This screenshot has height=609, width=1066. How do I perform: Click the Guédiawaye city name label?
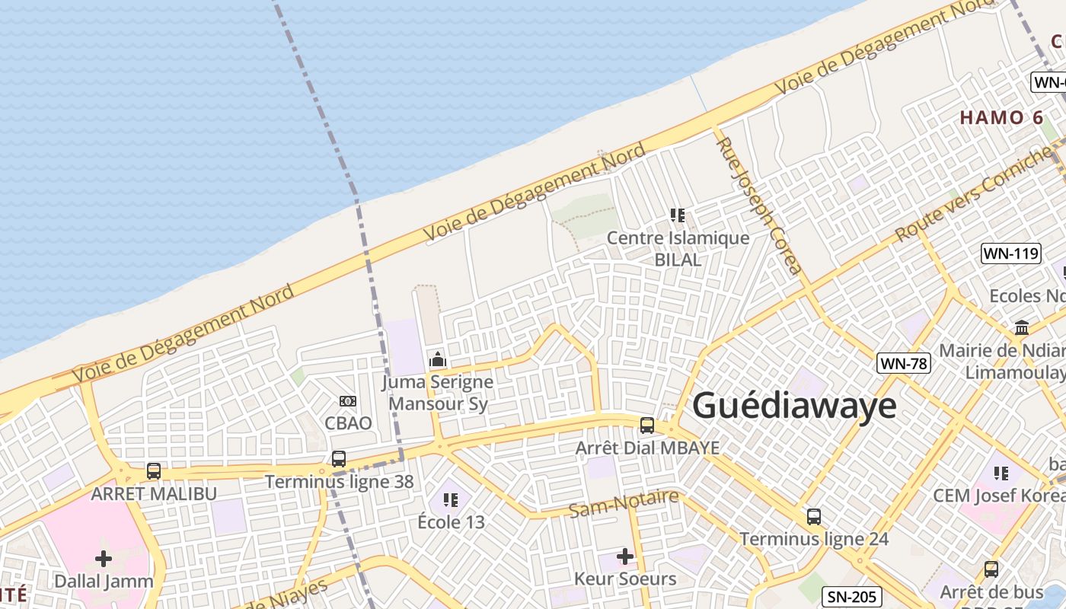tap(794, 405)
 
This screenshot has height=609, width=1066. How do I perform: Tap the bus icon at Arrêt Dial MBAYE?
tap(647, 426)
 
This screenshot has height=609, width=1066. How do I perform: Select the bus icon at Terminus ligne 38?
tap(339, 459)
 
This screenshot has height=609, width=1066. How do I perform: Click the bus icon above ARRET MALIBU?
tap(154, 471)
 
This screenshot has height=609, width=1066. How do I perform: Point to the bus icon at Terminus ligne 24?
tap(814, 517)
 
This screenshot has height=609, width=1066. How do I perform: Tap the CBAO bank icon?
tap(348, 400)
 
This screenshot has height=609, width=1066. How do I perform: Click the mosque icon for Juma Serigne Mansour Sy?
tap(438, 359)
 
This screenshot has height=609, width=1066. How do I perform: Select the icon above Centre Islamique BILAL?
tap(678, 215)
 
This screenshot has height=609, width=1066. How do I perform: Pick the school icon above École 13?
tap(451, 500)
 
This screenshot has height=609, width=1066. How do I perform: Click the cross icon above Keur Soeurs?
tap(625, 556)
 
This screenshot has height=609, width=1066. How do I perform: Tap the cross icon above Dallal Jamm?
tap(104, 559)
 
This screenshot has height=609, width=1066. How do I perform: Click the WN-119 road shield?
tap(1011, 253)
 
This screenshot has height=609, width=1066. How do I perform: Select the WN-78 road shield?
tap(904, 363)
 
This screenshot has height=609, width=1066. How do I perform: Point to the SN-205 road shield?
tap(852, 597)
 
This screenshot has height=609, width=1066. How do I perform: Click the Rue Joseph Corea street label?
tap(759, 206)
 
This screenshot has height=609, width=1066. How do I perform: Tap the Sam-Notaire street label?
tap(624, 504)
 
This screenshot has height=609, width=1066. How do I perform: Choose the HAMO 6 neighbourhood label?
tap(1001, 118)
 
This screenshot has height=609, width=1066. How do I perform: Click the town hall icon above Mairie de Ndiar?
tap(1022, 328)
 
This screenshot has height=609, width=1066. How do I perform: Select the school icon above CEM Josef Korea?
tap(1001, 473)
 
